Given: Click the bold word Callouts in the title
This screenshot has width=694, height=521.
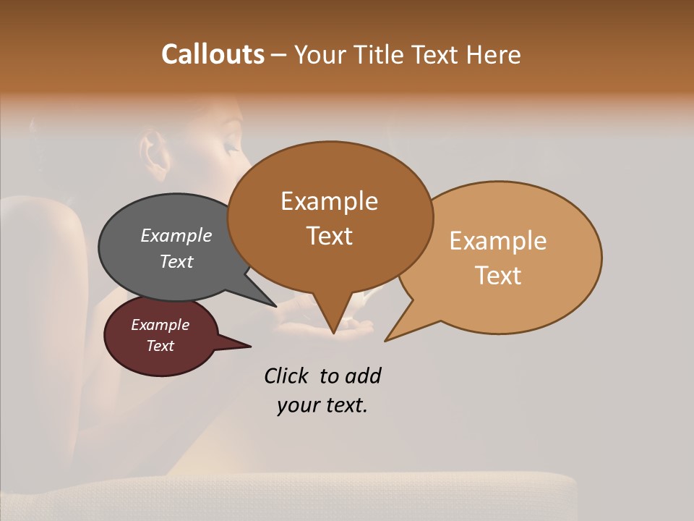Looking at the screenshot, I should point(213,54).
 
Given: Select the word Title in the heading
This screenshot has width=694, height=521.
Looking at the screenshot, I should point(381,55).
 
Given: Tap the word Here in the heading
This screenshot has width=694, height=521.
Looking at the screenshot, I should point(494,55).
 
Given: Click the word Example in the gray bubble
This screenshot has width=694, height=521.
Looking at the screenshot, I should point(176,235).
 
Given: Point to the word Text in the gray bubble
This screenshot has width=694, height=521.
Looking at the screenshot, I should point(176,261).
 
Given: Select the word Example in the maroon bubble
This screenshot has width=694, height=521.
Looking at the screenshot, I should point(160,325).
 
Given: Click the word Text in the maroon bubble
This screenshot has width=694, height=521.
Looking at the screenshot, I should point(160,346).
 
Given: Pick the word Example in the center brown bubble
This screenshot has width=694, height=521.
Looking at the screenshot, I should point(329,201).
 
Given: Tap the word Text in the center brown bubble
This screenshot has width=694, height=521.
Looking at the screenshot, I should point(329,235).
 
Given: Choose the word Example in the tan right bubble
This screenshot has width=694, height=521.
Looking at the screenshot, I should point(498,241).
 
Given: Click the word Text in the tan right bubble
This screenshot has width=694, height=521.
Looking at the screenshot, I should point(498,275).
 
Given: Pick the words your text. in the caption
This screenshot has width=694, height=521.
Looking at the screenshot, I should point(322,405).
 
